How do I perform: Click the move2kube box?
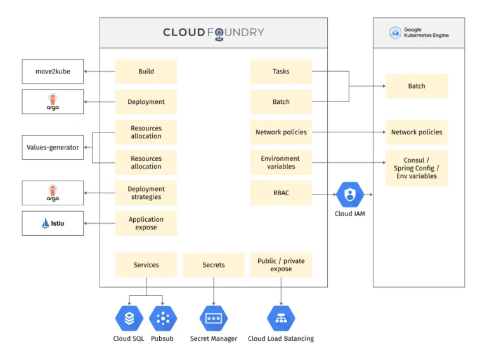[53, 72]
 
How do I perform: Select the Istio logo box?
[53, 223]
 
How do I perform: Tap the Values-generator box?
[53, 148]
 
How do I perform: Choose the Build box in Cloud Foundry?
[146, 72]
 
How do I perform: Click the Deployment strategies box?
[146, 193]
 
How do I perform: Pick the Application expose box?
[146, 223]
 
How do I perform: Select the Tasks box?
[281, 72]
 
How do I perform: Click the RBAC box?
[281, 193]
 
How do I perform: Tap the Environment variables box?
[281, 162]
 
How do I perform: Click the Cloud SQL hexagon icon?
[129, 318]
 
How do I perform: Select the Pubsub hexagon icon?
[163, 318]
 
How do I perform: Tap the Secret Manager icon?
[214, 318]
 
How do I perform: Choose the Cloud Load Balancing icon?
[281, 318]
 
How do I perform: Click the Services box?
[146, 265]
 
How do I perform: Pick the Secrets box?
[214, 265]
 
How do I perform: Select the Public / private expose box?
[281, 265]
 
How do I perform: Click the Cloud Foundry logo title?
[214, 33]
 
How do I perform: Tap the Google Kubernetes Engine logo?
[419, 32]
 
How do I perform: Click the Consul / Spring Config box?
[417, 168]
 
